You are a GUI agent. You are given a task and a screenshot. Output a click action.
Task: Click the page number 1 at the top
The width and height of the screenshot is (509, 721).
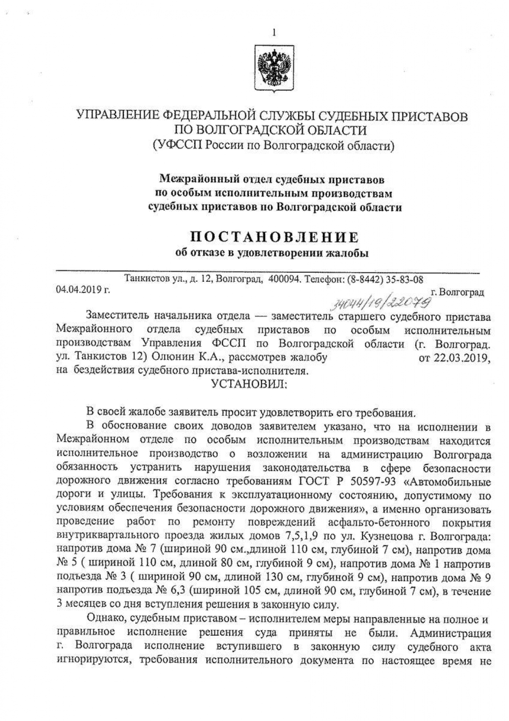pyautogui.click(x=274, y=33)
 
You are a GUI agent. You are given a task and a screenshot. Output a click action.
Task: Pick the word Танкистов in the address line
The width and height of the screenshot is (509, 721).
pyautogui.click(x=145, y=279)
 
